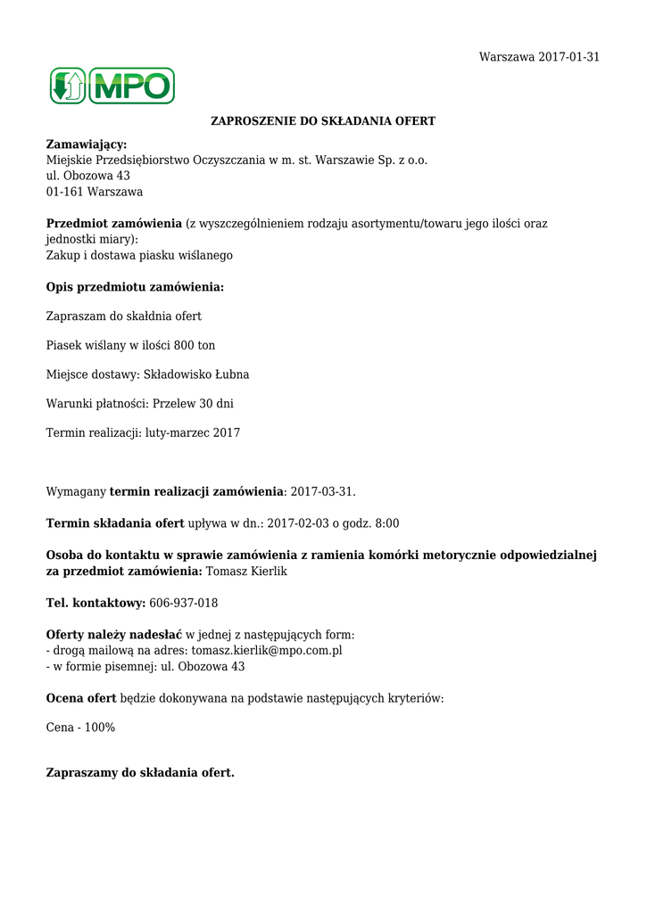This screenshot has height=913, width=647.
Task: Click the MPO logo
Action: tap(112, 86)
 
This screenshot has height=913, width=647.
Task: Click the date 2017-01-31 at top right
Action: tap(568, 57)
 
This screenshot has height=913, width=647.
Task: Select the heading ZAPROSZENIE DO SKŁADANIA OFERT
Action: tap(323, 120)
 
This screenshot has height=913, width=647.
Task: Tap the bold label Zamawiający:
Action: tap(87, 144)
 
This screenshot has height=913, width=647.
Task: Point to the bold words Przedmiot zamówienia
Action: tap(114, 224)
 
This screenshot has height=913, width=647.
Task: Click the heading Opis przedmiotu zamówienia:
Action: tap(135, 287)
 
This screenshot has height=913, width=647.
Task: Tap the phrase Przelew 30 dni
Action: tap(193, 404)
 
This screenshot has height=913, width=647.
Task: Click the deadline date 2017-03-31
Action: tap(322, 491)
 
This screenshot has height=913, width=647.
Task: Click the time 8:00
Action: tap(385, 523)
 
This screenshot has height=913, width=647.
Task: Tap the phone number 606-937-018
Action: tap(184, 604)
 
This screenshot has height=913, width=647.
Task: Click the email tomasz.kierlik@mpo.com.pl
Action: tap(267, 651)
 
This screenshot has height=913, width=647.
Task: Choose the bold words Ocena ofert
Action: tap(81, 698)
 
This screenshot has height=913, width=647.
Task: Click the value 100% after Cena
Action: tap(100, 728)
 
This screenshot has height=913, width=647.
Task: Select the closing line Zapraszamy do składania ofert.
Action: tap(140, 772)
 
